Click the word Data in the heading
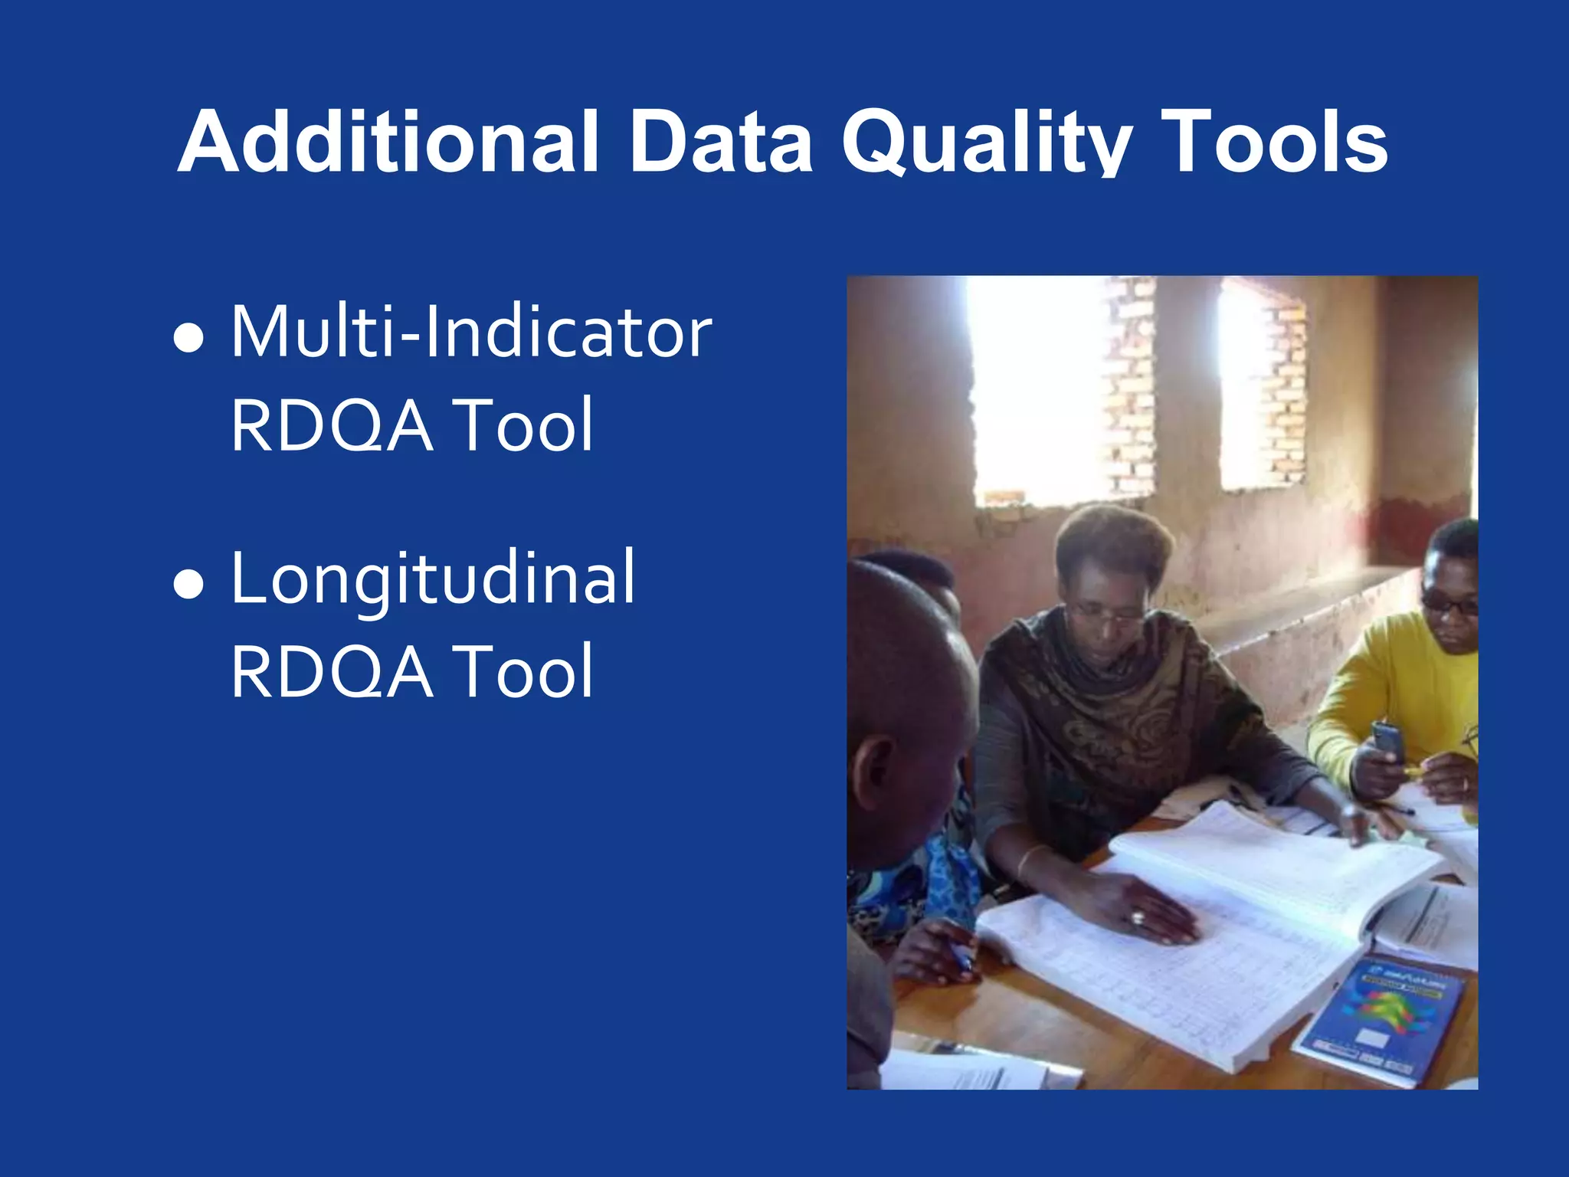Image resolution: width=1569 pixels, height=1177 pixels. click(720, 143)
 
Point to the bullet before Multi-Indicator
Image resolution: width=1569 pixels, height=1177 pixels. click(189, 338)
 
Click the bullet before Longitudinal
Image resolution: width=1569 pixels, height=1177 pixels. click(189, 584)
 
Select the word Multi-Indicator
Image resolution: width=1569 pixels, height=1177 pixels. click(471, 333)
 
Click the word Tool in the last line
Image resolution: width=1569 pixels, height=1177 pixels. click(522, 672)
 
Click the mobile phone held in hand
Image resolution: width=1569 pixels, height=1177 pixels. click(1387, 740)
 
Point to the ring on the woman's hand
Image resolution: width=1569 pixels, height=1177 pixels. click(1138, 916)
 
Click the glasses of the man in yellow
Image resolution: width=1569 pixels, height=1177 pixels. click(1449, 605)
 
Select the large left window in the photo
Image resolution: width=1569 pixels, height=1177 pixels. click(1038, 391)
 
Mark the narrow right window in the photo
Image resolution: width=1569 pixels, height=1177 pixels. click(1260, 387)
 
